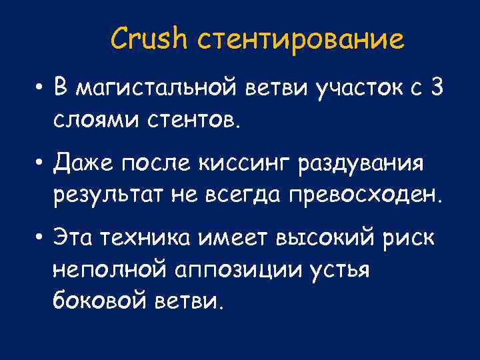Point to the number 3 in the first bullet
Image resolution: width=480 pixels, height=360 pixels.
(x=437, y=87)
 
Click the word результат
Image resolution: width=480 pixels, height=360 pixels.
(x=109, y=195)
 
